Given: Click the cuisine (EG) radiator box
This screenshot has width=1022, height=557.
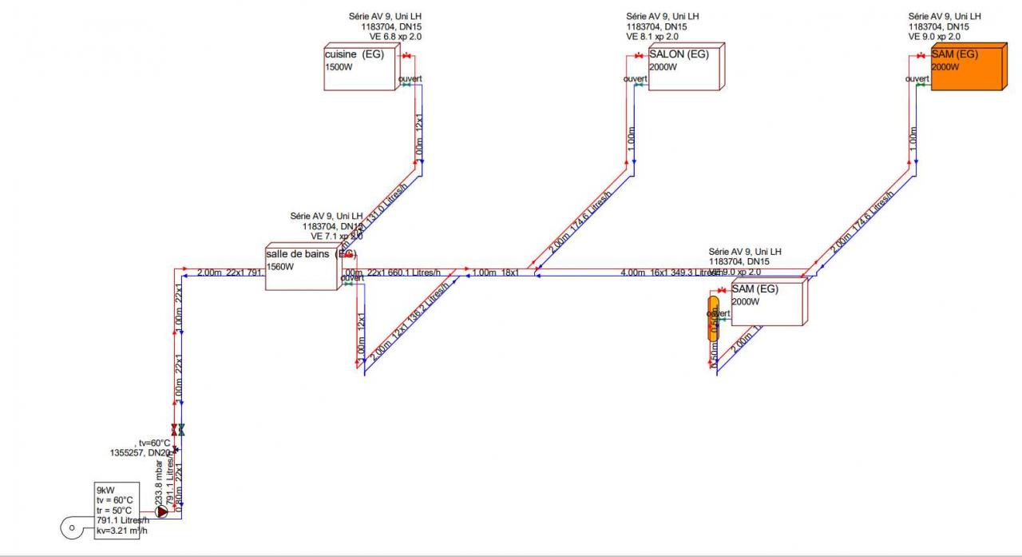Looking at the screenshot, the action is pyautogui.click(x=359, y=68).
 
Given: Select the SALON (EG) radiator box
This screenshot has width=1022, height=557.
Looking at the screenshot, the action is pyautogui.click(x=684, y=68).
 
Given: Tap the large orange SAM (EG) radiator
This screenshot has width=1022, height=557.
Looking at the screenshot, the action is pyautogui.click(x=966, y=70).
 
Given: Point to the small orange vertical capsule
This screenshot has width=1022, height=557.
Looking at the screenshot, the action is pyautogui.click(x=713, y=318).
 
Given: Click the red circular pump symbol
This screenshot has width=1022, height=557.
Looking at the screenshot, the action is pyautogui.click(x=162, y=511).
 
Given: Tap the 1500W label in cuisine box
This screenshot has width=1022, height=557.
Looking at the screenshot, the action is pyautogui.click(x=339, y=67).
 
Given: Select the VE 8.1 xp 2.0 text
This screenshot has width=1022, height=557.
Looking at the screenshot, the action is pyautogui.click(x=652, y=37).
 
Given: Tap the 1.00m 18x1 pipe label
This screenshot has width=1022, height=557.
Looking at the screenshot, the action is pyautogui.click(x=495, y=273).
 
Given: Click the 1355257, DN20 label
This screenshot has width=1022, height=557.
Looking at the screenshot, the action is pyautogui.click(x=141, y=452).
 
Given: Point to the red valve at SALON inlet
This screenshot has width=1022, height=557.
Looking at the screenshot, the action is pyautogui.click(x=639, y=56).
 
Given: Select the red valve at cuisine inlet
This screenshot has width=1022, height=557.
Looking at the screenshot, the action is pyautogui.click(x=406, y=56).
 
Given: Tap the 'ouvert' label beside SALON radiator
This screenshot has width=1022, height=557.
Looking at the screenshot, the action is pyautogui.click(x=636, y=78).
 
